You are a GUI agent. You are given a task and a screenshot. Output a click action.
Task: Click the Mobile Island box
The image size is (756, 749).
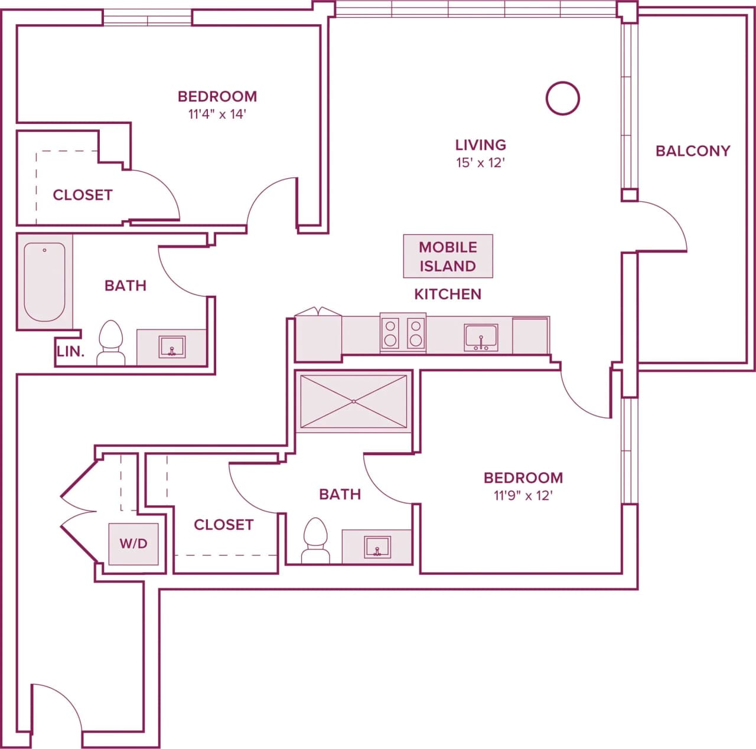(448, 256)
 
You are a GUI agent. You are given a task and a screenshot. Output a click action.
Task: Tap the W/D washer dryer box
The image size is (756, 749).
(133, 544)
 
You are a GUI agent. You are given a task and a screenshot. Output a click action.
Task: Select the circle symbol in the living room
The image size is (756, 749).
(562, 98)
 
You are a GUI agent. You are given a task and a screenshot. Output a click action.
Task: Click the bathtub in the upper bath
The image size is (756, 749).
(44, 282)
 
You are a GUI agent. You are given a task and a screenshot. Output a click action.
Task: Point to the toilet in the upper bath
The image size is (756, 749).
(110, 343)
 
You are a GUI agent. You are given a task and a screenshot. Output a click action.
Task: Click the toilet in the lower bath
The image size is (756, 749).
(315, 541)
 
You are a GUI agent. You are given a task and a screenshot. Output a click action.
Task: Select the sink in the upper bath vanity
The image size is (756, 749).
(172, 347)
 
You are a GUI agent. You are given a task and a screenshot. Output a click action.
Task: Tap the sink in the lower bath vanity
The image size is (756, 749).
(377, 547)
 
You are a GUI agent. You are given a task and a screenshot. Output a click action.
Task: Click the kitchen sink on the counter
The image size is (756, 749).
(481, 338)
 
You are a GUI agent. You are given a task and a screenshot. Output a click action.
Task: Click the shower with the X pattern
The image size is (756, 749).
(353, 401)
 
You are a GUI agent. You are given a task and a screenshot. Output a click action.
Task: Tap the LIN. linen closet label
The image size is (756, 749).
(71, 352)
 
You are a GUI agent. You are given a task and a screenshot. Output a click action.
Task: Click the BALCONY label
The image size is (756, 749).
(693, 151)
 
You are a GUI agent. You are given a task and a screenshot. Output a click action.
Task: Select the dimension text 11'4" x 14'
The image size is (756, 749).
(217, 115)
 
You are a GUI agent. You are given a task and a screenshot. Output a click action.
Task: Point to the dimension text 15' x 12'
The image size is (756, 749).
(480, 163)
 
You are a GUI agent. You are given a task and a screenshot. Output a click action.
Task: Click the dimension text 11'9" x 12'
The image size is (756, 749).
(523, 496)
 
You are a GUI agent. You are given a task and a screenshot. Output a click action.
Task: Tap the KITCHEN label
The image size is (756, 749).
(448, 294)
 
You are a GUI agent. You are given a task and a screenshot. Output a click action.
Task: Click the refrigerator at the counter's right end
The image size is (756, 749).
(530, 336)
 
